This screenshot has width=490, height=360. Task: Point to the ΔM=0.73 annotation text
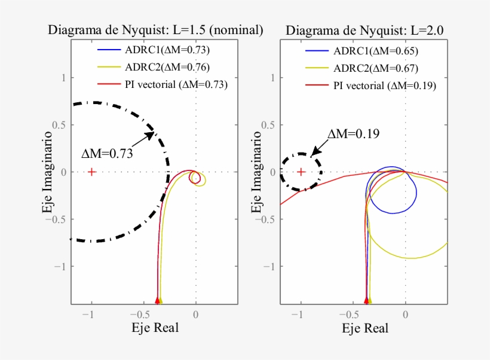[x=107, y=153]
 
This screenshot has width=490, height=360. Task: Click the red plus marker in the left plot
[x=91, y=172]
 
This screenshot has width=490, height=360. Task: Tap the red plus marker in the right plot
[x=301, y=172]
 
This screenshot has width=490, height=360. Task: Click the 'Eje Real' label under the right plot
[x=365, y=328]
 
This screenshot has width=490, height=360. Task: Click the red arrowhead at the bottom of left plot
[x=157, y=300]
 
